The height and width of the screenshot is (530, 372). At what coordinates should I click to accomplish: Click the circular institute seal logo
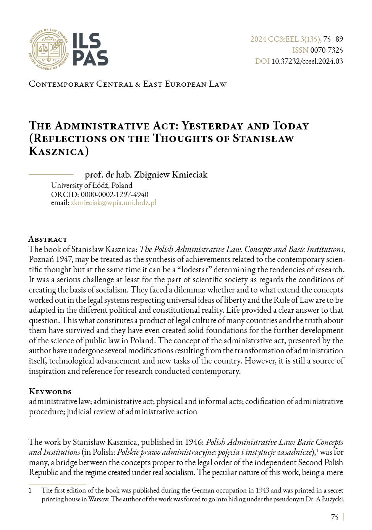point(49,49)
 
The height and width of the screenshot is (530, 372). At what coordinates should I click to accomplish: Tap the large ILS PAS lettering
point(90,49)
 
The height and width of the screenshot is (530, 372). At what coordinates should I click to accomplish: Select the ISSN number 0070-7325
point(327,50)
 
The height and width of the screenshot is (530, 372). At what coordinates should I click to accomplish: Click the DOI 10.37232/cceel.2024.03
point(307,61)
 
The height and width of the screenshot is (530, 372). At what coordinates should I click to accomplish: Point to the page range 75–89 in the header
point(333,39)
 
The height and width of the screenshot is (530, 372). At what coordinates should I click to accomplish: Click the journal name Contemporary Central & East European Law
point(128,84)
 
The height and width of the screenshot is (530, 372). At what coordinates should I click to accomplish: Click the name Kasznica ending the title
point(57,151)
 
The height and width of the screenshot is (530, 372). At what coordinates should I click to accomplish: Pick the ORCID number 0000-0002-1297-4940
point(114,194)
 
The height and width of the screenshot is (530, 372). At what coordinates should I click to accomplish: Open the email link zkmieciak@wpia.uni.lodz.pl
point(113,203)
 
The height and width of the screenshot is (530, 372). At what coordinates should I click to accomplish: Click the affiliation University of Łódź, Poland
point(92,186)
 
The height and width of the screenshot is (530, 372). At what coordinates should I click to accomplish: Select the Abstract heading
point(48,239)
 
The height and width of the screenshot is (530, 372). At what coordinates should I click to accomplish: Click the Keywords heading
point(50,391)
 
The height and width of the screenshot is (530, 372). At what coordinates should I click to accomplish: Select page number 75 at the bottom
point(335,517)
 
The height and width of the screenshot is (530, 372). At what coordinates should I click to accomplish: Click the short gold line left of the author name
point(51,174)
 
